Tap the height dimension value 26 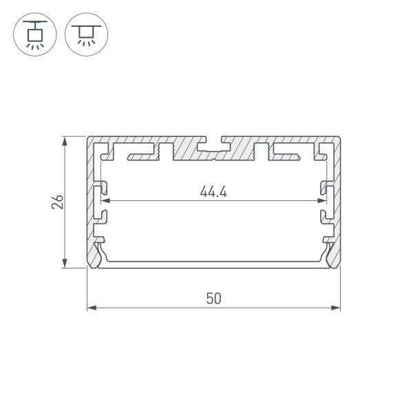coord(59,202)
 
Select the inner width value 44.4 coord(213,192)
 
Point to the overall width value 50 coord(213,298)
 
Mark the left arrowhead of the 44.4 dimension coord(105,202)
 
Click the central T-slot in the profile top coord(213,145)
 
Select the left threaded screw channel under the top coord(164,151)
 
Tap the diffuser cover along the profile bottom coord(213,262)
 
